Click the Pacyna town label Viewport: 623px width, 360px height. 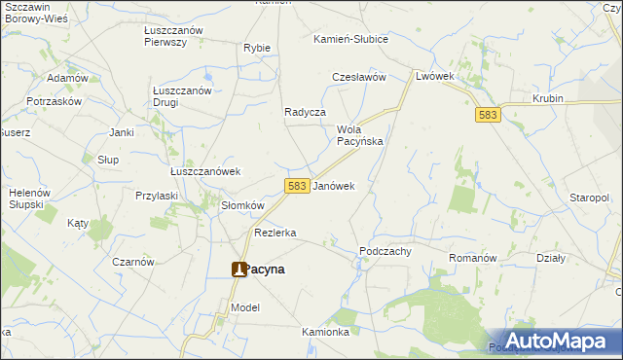point(265,270)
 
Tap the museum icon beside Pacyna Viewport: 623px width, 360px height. point(238,270)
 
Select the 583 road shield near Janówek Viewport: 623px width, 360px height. point(298,185)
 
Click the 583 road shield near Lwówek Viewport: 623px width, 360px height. point(489,115)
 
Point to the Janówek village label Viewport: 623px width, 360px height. point(333,185)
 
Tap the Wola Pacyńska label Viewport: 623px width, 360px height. point(359,135)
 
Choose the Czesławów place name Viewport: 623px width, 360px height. point(360,77)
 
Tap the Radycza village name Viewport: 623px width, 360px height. point(305,112)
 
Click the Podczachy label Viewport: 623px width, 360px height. point(385,250)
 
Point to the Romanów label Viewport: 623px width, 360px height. point(472,258)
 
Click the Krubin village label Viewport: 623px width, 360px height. point(550,99)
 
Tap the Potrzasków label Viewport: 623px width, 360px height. point(55,101)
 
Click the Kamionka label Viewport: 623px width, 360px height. point(325,332)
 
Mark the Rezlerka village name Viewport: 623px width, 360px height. point(275,234)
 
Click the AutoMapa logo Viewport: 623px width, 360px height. point(554,341)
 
